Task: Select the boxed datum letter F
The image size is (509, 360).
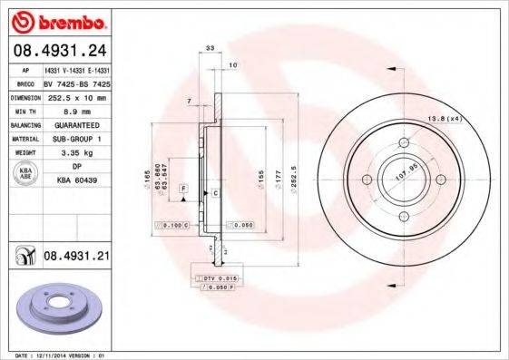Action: (x=184, y=187)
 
